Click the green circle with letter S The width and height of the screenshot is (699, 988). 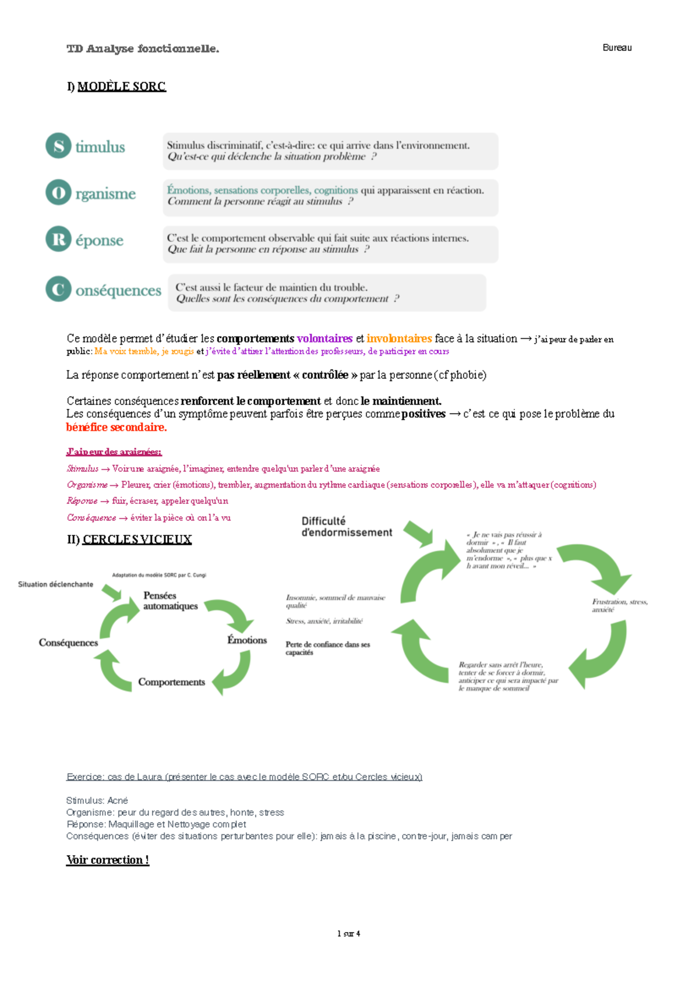58,146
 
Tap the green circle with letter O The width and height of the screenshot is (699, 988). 58,192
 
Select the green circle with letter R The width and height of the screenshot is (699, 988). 58,239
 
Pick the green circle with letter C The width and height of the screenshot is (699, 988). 58,289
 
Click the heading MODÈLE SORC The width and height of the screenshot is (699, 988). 121,87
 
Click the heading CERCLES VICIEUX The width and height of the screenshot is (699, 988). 137,539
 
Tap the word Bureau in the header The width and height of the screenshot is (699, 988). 617,48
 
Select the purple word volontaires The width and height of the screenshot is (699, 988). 324,338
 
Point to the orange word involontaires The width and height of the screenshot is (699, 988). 399,338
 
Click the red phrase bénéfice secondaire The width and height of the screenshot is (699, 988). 116,427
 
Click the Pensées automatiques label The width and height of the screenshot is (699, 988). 170,601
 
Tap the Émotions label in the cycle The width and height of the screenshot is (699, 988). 247,640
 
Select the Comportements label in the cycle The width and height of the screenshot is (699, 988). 171,682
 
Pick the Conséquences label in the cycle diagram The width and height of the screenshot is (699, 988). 68,643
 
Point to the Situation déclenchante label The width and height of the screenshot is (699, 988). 55,584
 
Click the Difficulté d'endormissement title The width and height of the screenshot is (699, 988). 347,527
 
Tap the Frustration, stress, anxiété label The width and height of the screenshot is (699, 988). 619,605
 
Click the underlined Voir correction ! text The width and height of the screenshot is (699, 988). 108,860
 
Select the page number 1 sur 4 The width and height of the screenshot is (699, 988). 348,933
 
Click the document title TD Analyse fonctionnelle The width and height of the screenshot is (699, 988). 143,49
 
